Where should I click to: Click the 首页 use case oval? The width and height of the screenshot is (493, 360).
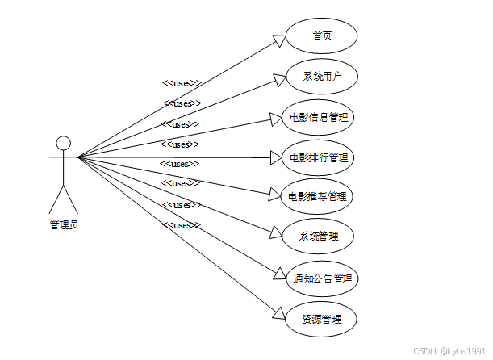point(322,36)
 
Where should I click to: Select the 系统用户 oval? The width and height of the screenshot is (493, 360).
point(322,77)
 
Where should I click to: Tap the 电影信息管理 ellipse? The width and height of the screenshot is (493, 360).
point(320,117)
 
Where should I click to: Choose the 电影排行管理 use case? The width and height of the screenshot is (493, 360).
point(320,157)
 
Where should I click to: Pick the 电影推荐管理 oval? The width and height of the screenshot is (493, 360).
point(320,196)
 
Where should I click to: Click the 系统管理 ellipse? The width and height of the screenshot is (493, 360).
point(319,237)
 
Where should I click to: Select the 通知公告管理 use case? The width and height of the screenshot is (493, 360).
point(322,278)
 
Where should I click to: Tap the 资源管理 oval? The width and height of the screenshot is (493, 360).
point(320,319)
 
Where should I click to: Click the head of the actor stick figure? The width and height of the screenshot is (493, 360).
point(63,143)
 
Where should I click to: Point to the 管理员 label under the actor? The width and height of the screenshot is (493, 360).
point(64,224)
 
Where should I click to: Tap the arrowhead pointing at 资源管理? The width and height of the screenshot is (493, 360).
point(278,313)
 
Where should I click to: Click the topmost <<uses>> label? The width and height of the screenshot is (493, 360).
point(182,82)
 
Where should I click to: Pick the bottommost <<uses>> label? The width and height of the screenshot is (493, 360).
point(182,224)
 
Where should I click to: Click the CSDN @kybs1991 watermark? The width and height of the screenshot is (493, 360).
point(449,351)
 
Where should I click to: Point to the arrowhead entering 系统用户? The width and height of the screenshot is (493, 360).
point(279,78)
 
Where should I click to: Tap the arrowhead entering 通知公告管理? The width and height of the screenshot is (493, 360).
point(278,274)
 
